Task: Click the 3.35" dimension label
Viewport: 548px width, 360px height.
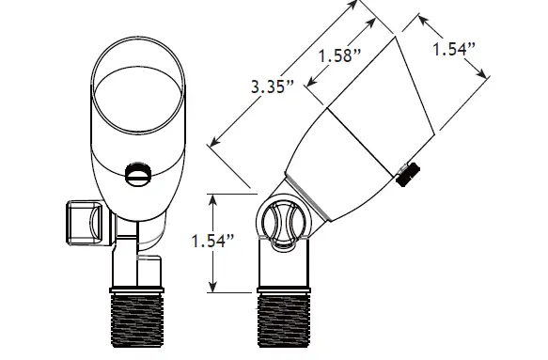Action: [x=273, y=86]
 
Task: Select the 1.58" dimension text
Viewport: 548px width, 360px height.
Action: [x=340, y=55]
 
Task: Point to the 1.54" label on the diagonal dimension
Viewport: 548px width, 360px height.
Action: [x=454, y=49]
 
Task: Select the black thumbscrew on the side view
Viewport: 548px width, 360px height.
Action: [x=408, y=174]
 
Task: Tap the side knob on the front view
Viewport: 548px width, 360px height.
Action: [x=85, y=222]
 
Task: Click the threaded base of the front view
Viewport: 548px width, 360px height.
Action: [x=136, y=321]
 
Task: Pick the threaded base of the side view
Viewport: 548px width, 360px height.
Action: [x=284, y=321]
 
